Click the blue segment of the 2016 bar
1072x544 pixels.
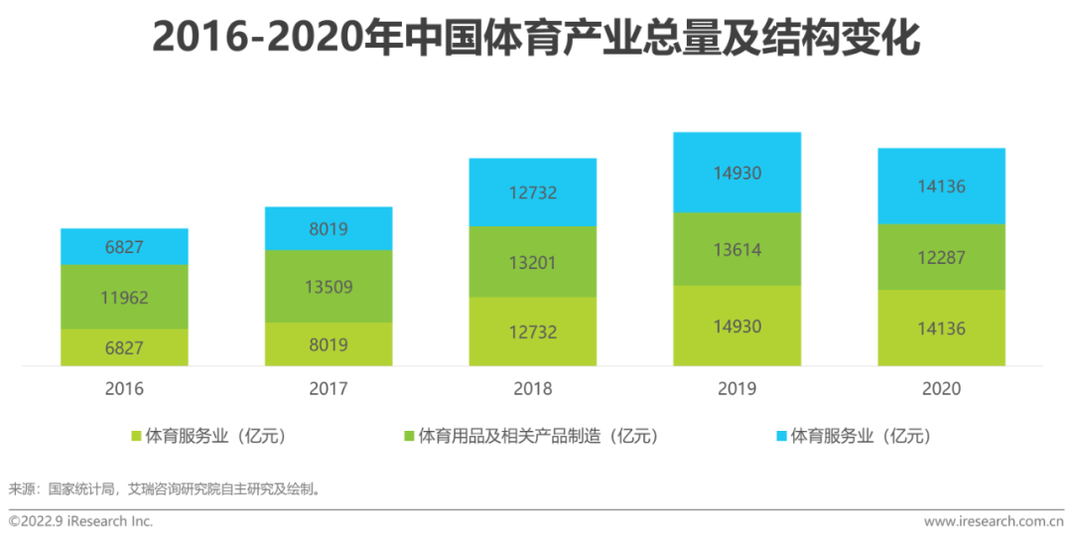(x=124, y=246)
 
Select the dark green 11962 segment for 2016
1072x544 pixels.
(x=124, y=296)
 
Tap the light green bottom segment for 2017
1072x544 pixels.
(x=329, y=343)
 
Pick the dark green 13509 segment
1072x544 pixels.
(x=329, y=286)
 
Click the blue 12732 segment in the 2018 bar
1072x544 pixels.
(x=533, y=192)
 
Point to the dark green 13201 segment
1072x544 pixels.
(x=533, y=262)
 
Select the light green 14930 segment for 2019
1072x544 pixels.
(x=737, y=326)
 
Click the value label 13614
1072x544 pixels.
(x=737, y=250)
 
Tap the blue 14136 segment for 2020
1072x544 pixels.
(x=941, y=186)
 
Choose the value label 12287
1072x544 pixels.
(x=941, y=257)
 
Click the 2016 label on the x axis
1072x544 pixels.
(x=124, y=388)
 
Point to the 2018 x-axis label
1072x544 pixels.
(x=533, y=388)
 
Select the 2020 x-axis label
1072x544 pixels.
(x=941, y=388)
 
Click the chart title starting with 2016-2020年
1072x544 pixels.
(x=536, y=38)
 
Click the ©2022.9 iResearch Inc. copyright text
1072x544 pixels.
(x=81, y=521)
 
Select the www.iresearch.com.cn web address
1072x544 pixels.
(x=993, y=521)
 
